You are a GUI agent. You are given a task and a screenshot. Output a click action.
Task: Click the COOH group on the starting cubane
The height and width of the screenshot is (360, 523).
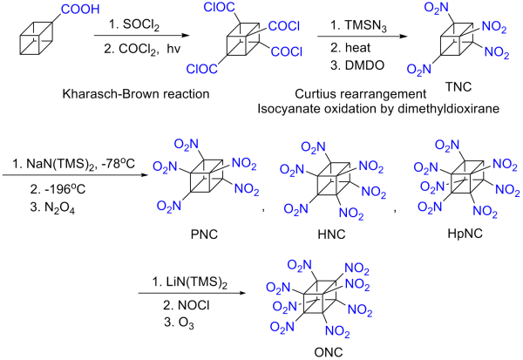tap(72, 11)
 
